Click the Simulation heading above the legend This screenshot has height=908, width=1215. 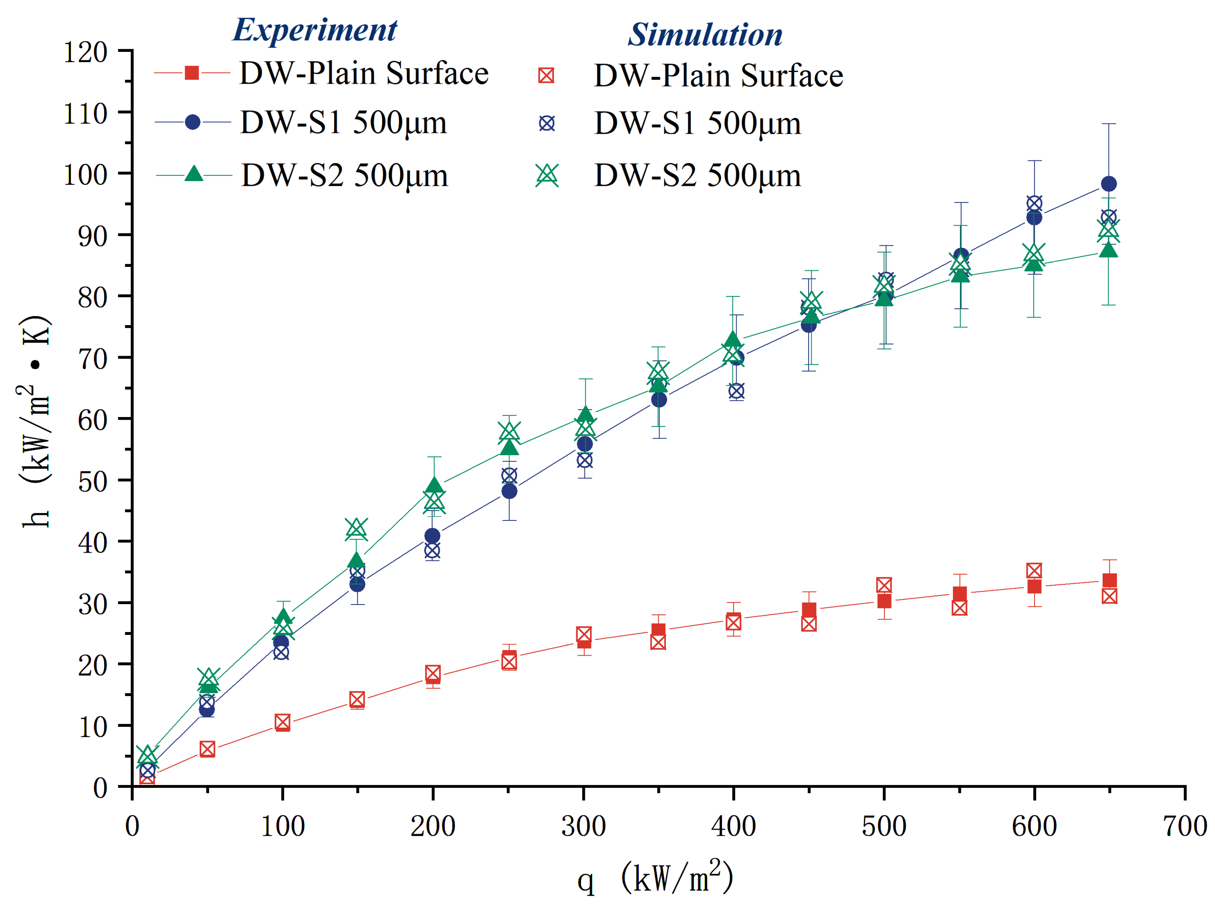point(705,35)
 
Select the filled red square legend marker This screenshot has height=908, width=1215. point(192,73)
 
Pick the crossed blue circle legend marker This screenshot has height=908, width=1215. point(546,123)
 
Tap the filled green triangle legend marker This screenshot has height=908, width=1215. point(193,174)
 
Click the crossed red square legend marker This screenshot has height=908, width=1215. point(546,75)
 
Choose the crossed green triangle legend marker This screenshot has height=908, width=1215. point(547,175)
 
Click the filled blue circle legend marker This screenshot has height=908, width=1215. point(192,122)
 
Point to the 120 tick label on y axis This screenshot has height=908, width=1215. point(85,53)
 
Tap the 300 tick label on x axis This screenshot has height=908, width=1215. point(583,827)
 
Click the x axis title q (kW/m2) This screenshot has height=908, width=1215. point(655,877)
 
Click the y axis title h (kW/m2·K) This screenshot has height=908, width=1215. point(36,421)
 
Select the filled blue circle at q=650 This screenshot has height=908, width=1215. point(1108,184)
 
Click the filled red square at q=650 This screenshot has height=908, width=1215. point(1109,581)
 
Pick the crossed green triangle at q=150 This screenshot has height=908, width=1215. point(357,528)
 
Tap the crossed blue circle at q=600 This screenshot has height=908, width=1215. point(1034,204)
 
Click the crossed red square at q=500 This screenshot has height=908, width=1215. point(884,585)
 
